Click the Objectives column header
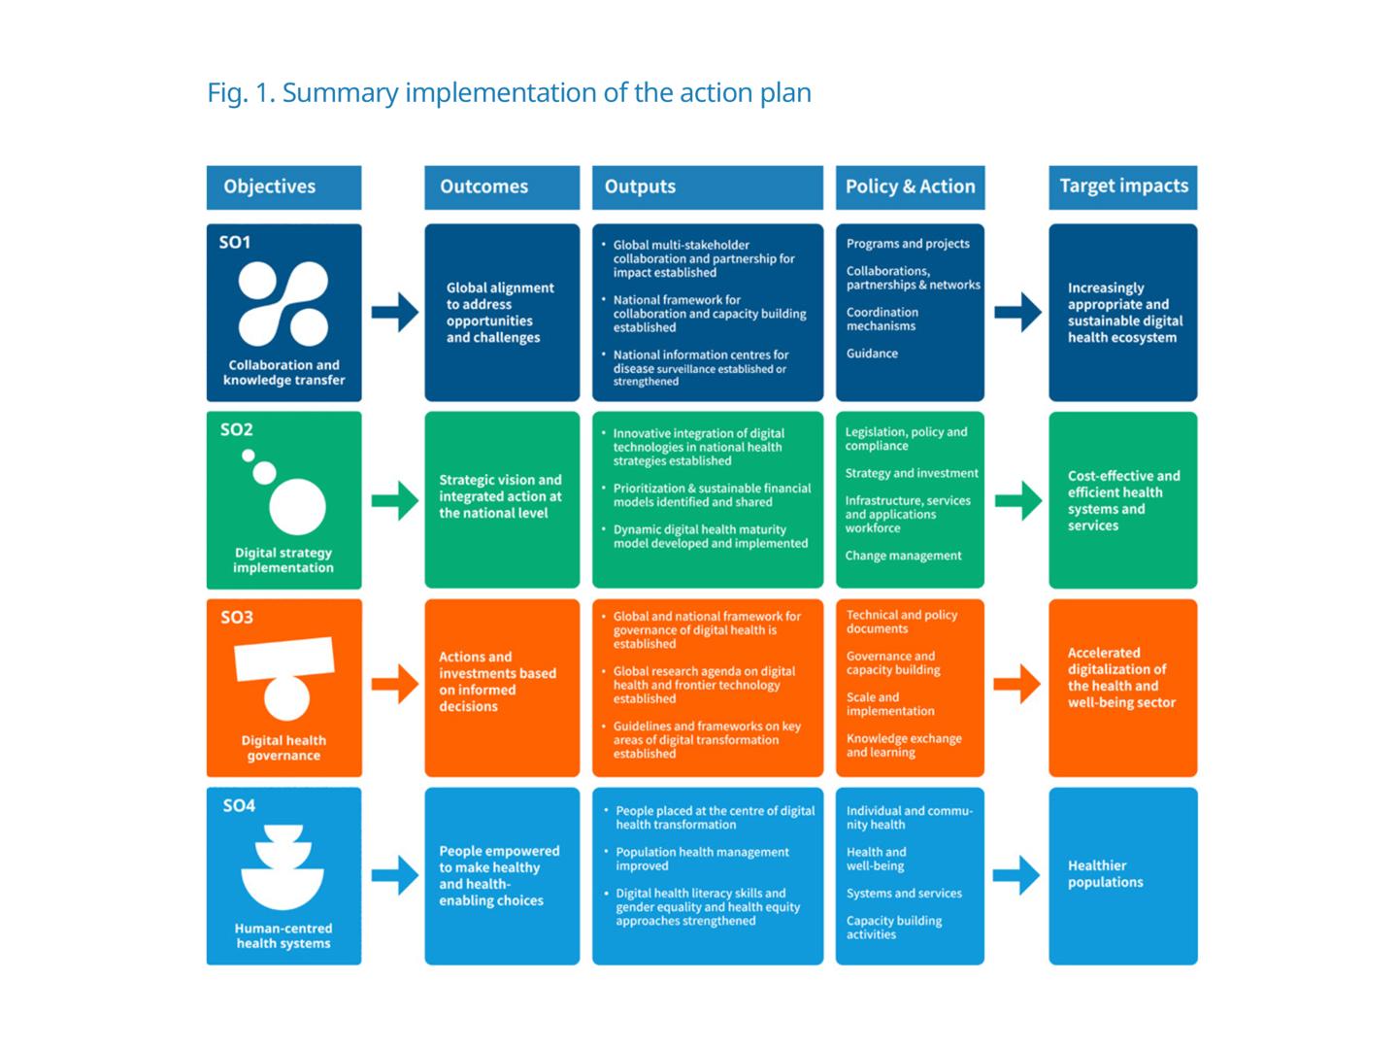(270, 186)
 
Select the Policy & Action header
(910, 186)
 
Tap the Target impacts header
(1123, 186)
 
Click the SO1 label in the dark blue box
(235, 242)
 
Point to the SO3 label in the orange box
(237, 617)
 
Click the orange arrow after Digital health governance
(394, 684)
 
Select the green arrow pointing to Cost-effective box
(1017, 500)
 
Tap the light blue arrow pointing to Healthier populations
(1017, 874)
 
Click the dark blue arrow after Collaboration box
(394, 312)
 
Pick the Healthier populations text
(1105, 874)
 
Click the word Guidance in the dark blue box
(872, 354)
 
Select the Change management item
(903, 556)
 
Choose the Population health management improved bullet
(701, 859)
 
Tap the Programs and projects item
(908, 244)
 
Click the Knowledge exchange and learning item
(904, 745)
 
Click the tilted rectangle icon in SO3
(284, 660)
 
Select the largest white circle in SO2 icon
(297, 506)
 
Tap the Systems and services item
(904, 894)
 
